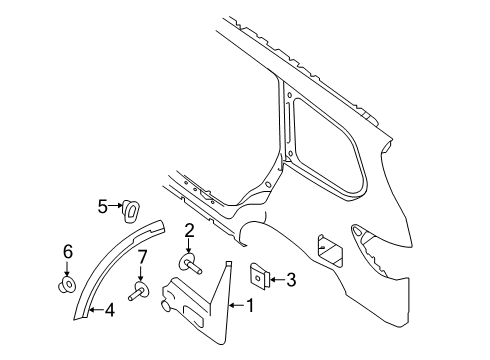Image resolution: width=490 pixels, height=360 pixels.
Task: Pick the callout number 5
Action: pyautogui.click(x=102, y=206)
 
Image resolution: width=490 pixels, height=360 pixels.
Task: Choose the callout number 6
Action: pyautogui.click(x=68, y=251)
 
